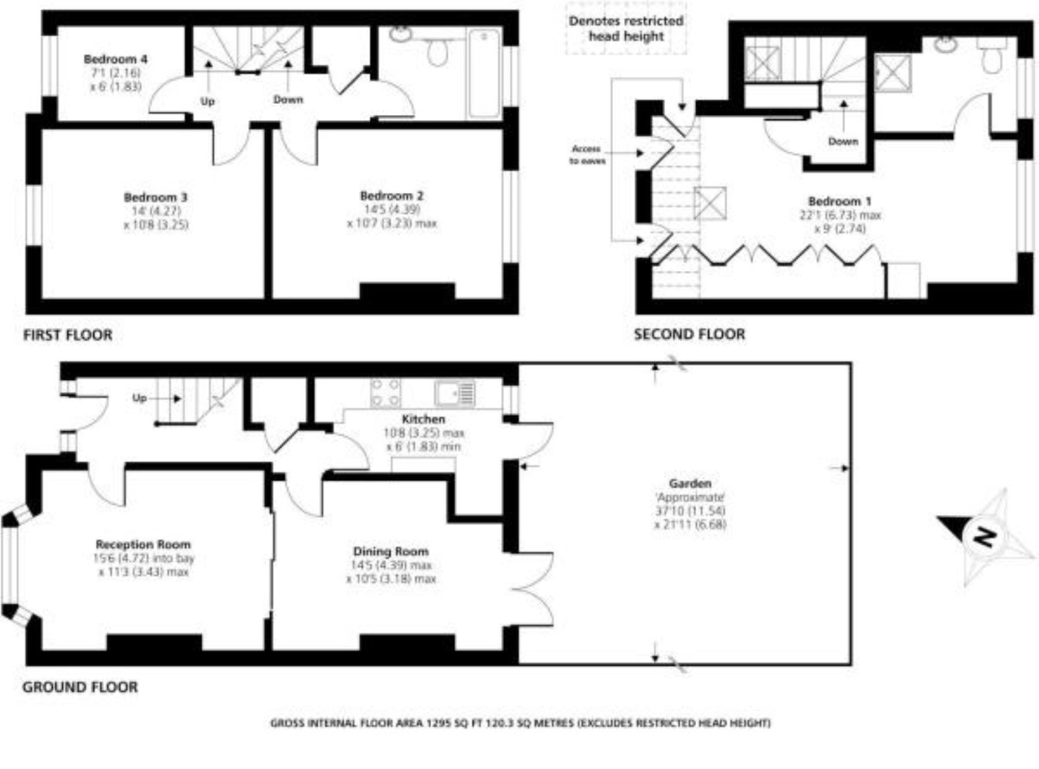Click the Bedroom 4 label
(115, 59)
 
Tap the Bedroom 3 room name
(155, 197)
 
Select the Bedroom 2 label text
(392, 195)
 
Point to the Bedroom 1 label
(839, 201)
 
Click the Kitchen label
(423, 419)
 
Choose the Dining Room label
(390, 551)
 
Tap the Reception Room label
(143, 544)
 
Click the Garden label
(690, 483)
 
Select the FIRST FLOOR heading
(68, 335)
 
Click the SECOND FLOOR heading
(689, 334)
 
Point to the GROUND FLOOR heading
(80, 687)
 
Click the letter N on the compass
(985, 536)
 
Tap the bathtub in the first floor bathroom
(484, 73)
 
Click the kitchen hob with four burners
(385, 393)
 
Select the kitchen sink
(455, 393)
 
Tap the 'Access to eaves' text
(587, 155)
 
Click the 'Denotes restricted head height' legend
(625, 29)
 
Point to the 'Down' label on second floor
(843, 141)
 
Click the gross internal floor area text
(519, 723)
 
